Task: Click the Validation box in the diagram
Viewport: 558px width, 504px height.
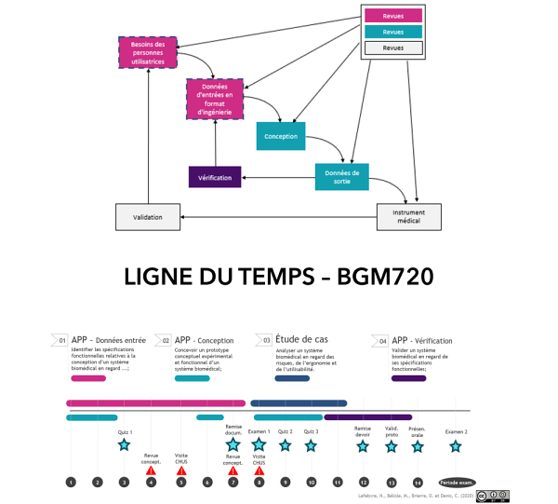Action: pos(147,217)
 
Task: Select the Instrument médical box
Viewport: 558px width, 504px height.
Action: pos(408,217)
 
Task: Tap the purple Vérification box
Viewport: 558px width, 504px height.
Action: pos(215,177)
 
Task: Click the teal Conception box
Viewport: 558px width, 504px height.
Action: pos(281,136)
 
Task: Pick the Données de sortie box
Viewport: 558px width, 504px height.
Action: pos(341,176)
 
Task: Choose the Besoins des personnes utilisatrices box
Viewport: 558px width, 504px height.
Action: pos(149,52)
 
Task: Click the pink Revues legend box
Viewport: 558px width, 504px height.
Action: pos(393,16)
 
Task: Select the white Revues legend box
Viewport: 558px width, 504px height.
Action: pos(393,48)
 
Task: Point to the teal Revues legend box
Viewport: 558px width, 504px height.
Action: pos(393,32)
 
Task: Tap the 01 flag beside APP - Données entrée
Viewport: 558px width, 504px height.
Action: pos(61,340)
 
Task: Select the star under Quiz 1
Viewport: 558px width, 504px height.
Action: pos(125,445)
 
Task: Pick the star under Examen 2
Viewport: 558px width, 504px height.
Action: pos(456,446)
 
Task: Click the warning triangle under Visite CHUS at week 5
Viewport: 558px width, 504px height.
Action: pos(181,471)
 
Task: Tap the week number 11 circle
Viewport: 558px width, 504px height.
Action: pos(338,482)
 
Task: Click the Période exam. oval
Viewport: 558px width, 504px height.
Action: pos(457,483)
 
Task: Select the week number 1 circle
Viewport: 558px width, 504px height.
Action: pos(71,482)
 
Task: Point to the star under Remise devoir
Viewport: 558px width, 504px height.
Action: pos(363,446)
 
